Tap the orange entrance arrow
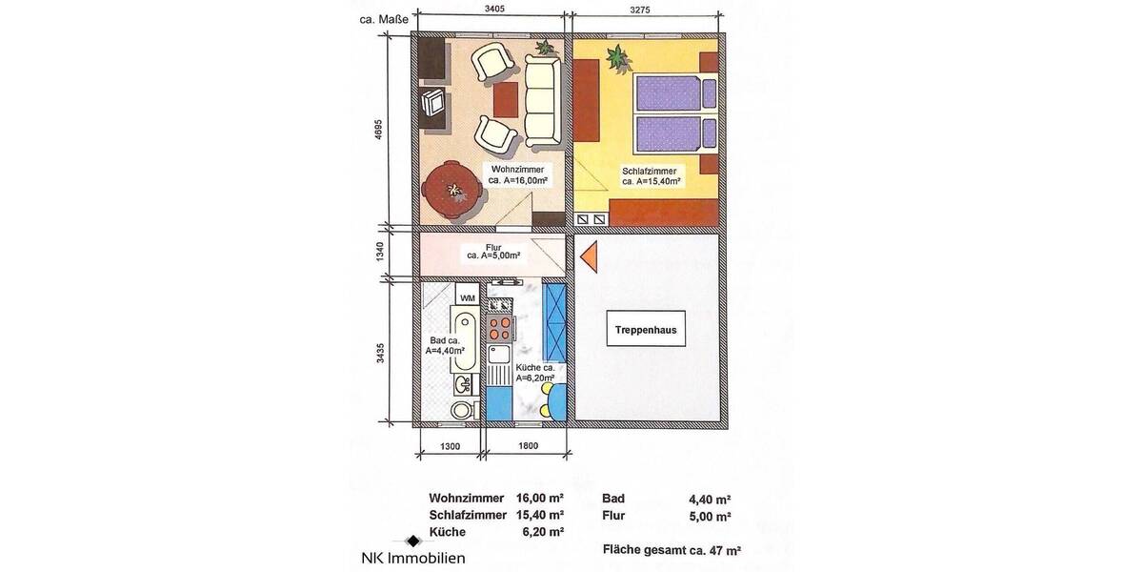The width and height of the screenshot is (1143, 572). [x=589, y=255]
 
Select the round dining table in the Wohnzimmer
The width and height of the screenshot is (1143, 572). [x=452, y=191]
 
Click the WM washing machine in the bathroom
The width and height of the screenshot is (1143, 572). [x=467, y=296]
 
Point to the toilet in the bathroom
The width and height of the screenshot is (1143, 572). [x=462, y=411]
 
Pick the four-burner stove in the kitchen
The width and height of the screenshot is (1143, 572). [x=498, y=329]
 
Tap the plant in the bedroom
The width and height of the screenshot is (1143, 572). [x=618, y=59]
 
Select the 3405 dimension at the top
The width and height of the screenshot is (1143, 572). [x=493, y=10]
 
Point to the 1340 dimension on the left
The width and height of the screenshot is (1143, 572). [x=379, y=253]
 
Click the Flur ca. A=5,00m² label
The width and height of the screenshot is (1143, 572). [x=492, y=252]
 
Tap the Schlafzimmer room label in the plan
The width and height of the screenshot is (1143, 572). [x=651, y=175]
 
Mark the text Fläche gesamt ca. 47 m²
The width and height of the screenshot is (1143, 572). [x=672, y=550]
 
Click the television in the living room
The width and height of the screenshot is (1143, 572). [x=434, y=102]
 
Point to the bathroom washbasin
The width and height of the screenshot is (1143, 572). [x=462, y=384]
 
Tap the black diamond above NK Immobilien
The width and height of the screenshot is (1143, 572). [x=412, y=541]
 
